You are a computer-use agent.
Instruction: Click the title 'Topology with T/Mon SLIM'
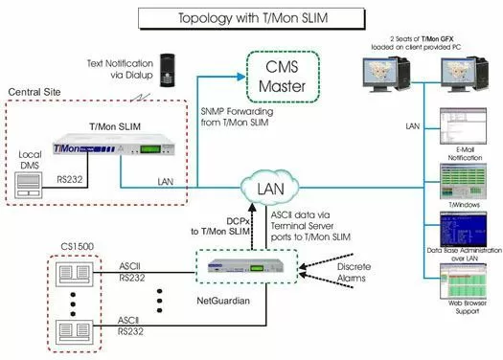[251, 17]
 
